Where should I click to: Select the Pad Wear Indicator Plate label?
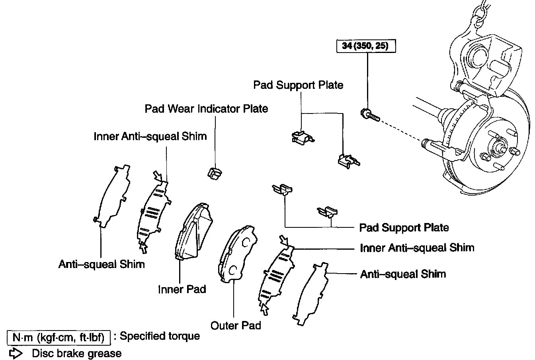click(206, 109)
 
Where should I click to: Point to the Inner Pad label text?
click(182, 289)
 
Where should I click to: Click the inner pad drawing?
click(194, 231)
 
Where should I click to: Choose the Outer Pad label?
click(236, 325)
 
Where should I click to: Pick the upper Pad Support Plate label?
click(298, 85)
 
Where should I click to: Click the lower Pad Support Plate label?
click(404, 228)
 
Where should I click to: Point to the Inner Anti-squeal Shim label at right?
click(417, 248)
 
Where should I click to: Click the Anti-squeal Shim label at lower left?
click(102, 264)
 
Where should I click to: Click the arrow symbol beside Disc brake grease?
click(17, 353)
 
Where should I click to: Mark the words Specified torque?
click(160, 337)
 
